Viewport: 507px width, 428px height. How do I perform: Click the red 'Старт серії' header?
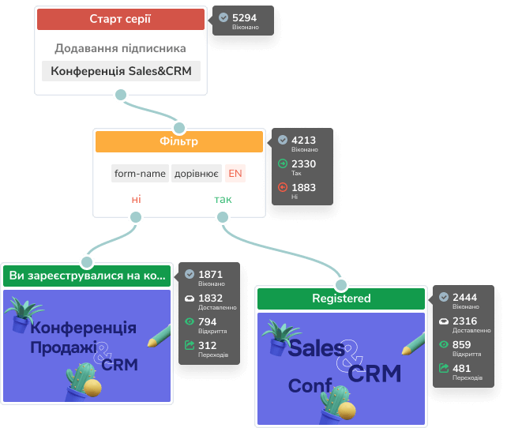coord(121,18)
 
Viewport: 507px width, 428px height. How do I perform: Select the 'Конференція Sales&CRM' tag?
coord(121,71)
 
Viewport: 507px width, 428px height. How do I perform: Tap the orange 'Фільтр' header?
coord(178,141)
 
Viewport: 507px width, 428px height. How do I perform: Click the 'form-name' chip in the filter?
coord(140,174)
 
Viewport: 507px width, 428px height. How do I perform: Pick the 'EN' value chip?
coord(235,174)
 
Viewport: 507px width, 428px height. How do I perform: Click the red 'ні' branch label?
coord(136,199)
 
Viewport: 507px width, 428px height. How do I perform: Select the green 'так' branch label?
coord(223,199)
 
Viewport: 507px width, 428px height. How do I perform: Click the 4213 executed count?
coord(305,140)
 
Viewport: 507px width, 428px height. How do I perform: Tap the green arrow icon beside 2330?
coord(283,163)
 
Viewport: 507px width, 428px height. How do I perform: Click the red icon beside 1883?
coord(283,187)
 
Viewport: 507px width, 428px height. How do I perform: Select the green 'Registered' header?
coord(341,298)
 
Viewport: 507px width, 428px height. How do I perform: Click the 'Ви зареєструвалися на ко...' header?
coord(88,276)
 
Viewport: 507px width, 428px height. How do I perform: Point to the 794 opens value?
coord(208,321)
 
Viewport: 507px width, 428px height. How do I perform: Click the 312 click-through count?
coord(208,345)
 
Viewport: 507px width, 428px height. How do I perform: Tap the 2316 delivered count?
coord(465,321)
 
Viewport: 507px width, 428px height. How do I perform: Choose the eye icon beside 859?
coord(444,344)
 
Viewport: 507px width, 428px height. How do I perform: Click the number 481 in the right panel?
coord(462,368)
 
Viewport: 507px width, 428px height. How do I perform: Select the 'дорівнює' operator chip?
coord(197,174)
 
